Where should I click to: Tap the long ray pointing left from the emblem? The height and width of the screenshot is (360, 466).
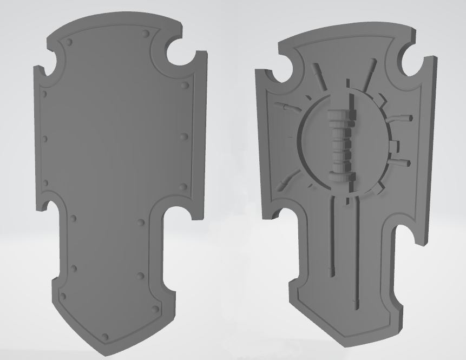[286, 106]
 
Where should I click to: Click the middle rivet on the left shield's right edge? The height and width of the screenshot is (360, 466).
[185, 136]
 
